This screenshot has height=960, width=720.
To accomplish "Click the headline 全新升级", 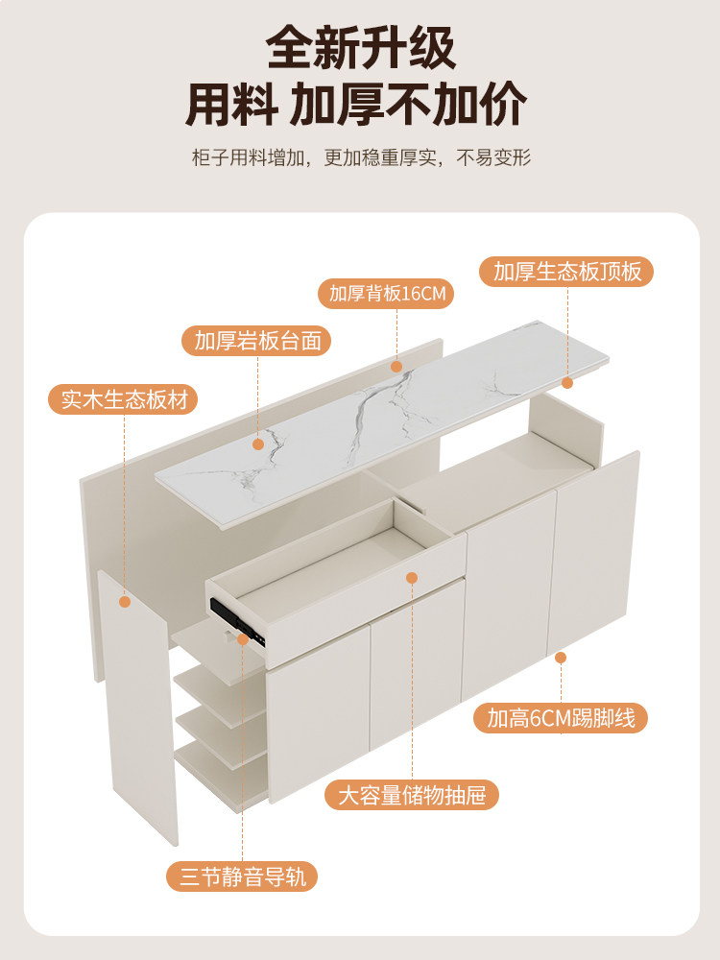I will [360, 48].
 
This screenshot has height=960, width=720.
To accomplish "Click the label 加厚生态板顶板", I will [566, 272].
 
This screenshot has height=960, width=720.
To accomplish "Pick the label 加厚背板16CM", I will [387, 294].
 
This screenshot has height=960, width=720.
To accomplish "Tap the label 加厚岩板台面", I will [256, 341].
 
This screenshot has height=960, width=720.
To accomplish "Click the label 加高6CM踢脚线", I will [561, 717].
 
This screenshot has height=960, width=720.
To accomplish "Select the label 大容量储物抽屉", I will [412, 795].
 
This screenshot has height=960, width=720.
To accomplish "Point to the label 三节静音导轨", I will [241, 876].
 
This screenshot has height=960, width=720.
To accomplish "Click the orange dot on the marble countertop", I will [257, 444].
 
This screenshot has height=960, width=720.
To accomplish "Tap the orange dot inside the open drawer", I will [412, 578].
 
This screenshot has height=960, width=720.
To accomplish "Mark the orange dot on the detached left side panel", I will [124, 602].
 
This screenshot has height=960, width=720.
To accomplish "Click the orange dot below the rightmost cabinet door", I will [561, 658].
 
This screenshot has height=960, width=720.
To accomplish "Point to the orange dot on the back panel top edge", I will [396, 366].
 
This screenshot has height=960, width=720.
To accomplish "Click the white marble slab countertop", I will [384, 422].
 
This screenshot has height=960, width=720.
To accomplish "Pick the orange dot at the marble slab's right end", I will [566, 382].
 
